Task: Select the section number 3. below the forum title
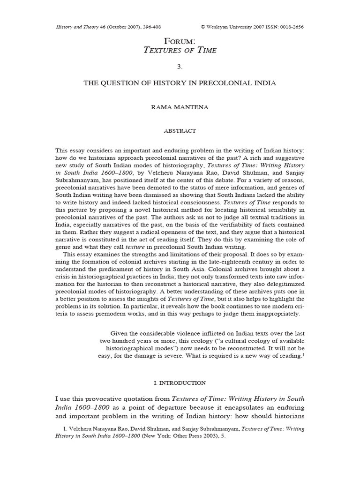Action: [x=180, y=67]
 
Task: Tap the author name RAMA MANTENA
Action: [x=180, y=107]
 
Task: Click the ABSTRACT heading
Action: [x=180, y=131]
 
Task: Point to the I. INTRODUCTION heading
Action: [x=180, y=383]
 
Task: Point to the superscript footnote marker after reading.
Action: [x=303, y=355]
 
